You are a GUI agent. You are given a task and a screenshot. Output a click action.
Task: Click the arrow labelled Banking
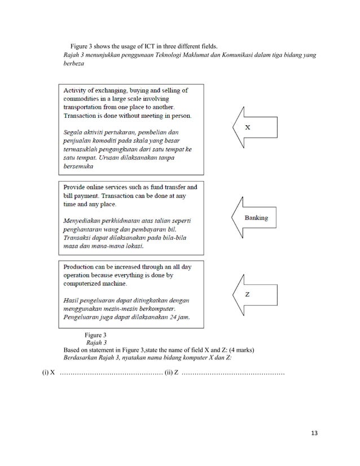click(254, 218)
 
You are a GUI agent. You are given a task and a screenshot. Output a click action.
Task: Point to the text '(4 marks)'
click(241, 350)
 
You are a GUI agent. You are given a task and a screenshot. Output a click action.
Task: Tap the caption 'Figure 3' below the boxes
click(95, 335)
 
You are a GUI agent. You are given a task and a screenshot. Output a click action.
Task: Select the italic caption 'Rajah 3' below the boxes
click(96, 342)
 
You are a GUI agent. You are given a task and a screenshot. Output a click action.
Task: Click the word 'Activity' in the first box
click(78, 90)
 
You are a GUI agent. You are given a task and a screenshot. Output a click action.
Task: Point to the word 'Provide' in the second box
click(77, 187)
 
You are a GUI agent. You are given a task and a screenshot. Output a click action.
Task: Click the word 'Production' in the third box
click(82, 267)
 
